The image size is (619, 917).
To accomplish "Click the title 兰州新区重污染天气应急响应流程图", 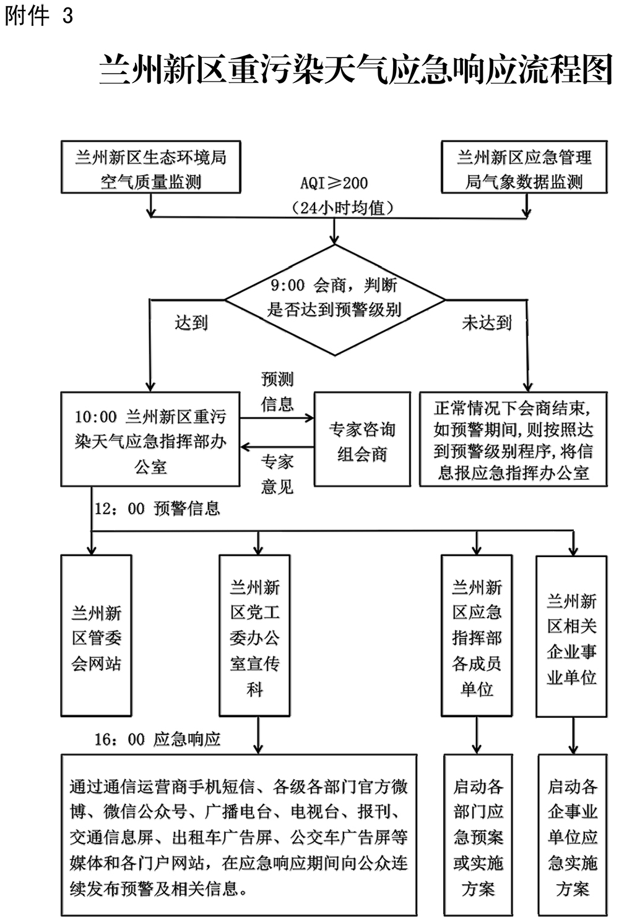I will point(355,69).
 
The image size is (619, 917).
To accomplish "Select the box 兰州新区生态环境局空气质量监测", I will point(150,168).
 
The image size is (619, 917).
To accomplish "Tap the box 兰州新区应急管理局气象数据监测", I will point(524,168).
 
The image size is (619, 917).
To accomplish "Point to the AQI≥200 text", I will point(334,183).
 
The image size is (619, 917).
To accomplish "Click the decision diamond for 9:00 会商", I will point(334,299).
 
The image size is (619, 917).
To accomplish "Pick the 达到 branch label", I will point(191,323).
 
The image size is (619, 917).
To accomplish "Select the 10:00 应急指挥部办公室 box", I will point(150,439).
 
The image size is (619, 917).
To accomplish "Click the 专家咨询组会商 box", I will point(362,439).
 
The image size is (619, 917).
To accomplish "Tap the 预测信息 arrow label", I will point(277,391).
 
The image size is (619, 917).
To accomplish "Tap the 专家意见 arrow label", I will point(277,474).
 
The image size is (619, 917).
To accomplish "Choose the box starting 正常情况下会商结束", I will point(513,439).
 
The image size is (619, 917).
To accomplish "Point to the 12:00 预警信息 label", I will point(157,509).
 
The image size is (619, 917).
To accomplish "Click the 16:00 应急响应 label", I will point(157,740).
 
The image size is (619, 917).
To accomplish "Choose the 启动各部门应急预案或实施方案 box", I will point(478,835).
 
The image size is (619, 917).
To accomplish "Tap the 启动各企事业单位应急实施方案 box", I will point(572,835).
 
